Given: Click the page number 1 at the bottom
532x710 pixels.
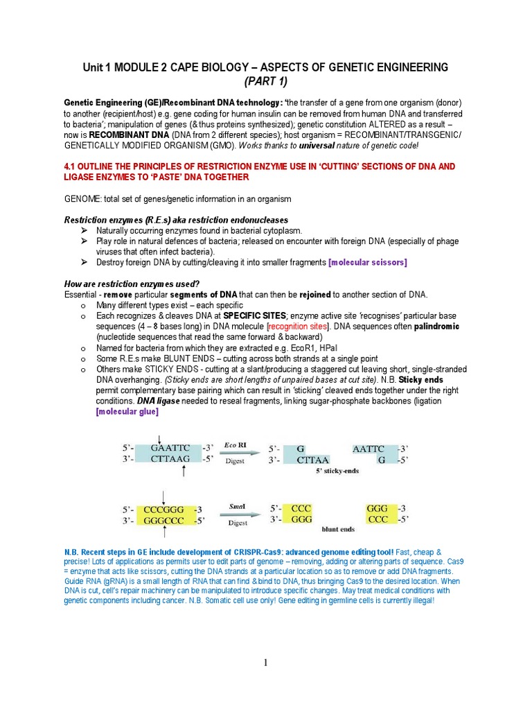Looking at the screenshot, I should tap(265, 664).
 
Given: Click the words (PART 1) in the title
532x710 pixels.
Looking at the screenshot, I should tap(265, 80).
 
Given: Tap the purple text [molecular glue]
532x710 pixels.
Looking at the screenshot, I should tap(127, 412).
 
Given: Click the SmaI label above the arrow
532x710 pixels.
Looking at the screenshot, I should tap(238, 506).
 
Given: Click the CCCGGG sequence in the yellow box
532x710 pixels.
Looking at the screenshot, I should tap(165, 508).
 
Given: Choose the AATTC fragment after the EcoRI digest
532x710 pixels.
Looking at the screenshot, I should tap(369, 449).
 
